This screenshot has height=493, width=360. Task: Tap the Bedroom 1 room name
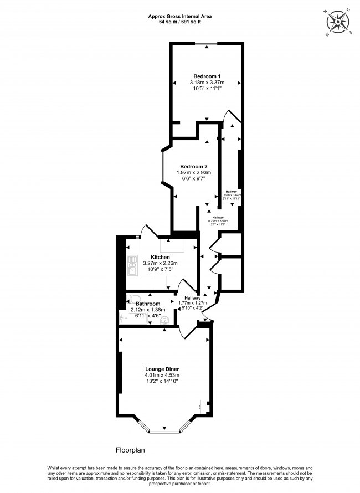[207, 76]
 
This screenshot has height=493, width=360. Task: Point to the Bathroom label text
[148, 304]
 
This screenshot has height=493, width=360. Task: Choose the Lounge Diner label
[162, 368]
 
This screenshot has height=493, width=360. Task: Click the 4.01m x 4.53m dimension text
[162, 375]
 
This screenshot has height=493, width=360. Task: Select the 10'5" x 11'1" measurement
[207, 89]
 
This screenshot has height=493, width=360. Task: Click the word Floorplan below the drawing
[131, 451]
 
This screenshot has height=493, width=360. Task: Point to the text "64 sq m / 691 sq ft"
[180, 22]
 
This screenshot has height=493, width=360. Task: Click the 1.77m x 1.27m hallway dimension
[193, 304]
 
